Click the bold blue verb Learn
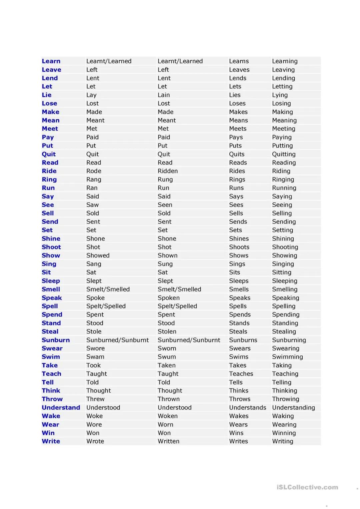coord(51,61)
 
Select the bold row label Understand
coord(61,407)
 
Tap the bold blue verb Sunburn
coord(56,340)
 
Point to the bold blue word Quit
coord(49,154)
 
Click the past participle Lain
coord(164,95)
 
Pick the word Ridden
coord(168,171)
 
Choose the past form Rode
coord(94,171)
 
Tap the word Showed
coord(98,255)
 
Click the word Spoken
coord(169,297)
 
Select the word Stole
coord(94,331)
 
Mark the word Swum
coord(167,356)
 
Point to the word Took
coord(93,365)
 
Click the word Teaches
coord(241,374)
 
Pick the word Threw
coord(95,399)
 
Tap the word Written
coord(168,441)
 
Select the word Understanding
coord(293,407)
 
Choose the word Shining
coord(283,239)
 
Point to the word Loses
coord(237,103)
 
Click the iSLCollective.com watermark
coord(307,487)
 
